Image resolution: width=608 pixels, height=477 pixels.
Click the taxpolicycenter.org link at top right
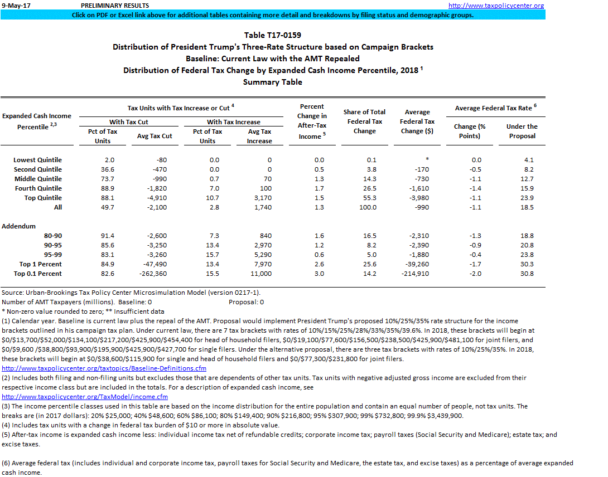(496, 6)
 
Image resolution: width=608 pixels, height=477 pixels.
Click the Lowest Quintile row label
(37, 160)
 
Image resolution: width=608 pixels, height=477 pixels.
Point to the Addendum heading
(18, 226)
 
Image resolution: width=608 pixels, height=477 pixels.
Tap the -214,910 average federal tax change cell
(417, 274)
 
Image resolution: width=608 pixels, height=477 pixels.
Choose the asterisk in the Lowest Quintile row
(427, 160)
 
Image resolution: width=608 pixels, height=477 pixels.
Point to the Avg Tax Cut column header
(155, 136)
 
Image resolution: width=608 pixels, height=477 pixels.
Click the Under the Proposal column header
(522, 131)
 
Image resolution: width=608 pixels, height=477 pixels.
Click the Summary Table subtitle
(272, 82)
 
